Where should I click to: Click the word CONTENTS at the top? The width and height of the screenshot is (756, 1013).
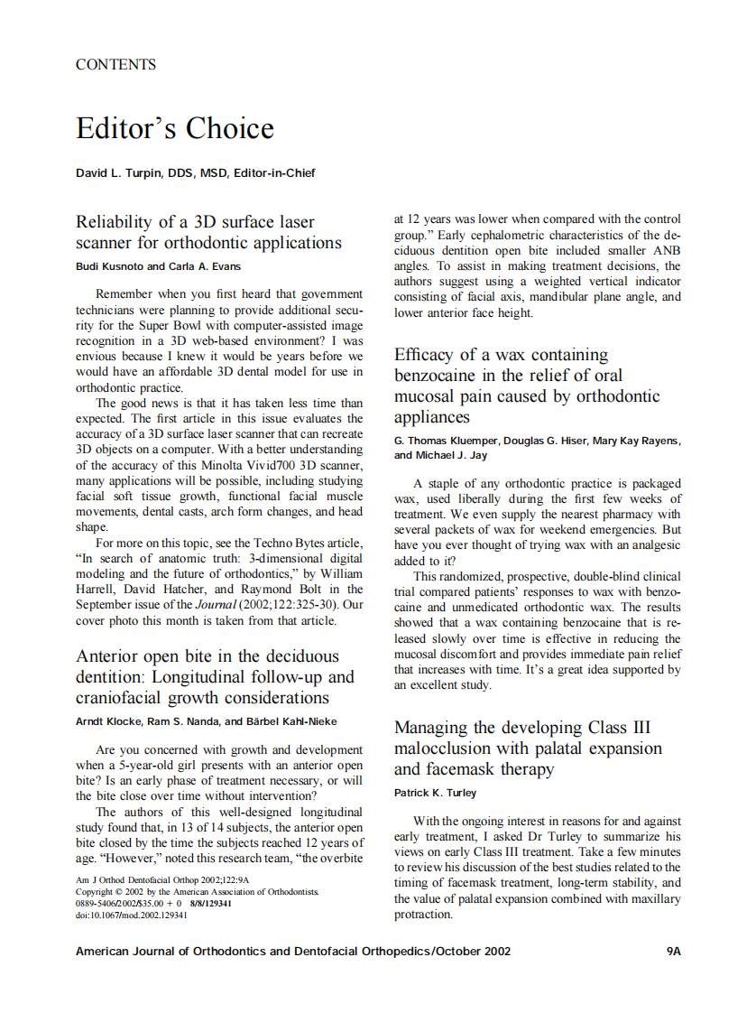[115, 65]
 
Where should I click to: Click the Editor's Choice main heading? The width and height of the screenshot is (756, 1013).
[174, 128]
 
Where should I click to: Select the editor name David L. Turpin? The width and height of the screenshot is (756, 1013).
[120, 173]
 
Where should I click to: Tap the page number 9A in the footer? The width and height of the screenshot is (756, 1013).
[672, 952]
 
